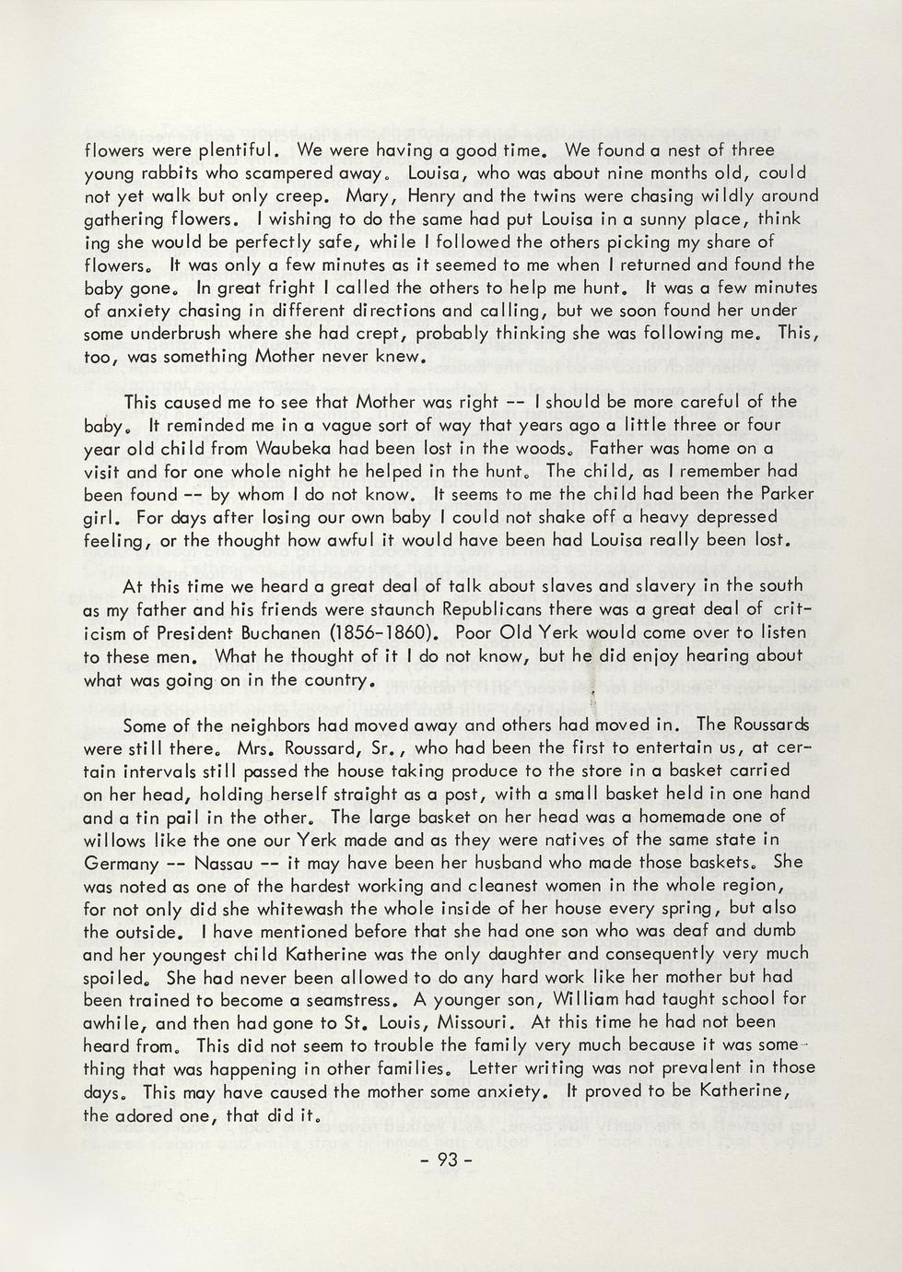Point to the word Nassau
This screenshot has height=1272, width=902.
[x=222, y=863]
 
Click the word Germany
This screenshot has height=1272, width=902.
[x=121, y=863]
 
